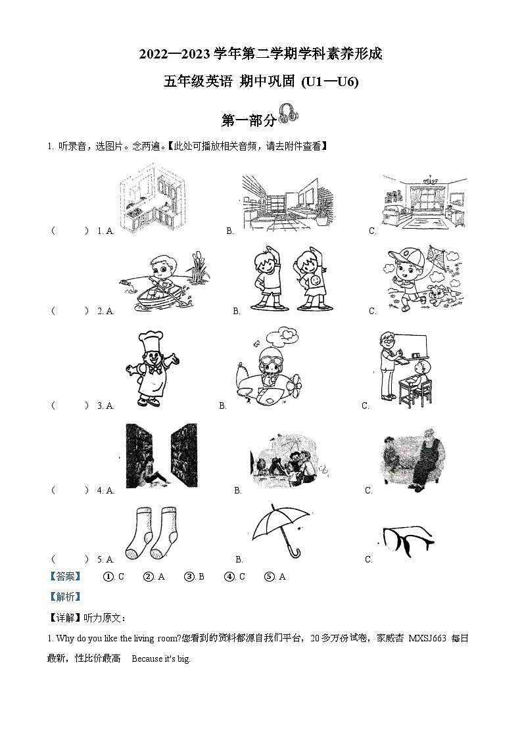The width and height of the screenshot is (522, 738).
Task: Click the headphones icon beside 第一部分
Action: click(288, 114)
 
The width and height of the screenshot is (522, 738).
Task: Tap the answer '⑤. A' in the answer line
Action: click(275, 576)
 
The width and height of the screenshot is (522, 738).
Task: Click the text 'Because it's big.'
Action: click(161, 659)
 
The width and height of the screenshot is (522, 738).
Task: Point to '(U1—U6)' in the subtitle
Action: click(329, 81)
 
